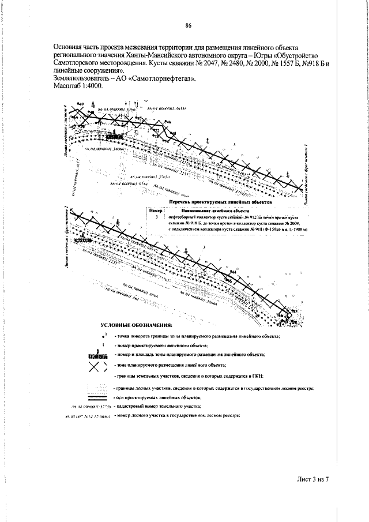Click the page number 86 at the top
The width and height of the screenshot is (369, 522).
point(188,25)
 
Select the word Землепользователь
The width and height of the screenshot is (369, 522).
point(79,78)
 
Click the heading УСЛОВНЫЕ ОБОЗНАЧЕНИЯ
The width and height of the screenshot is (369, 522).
point(136,326)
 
